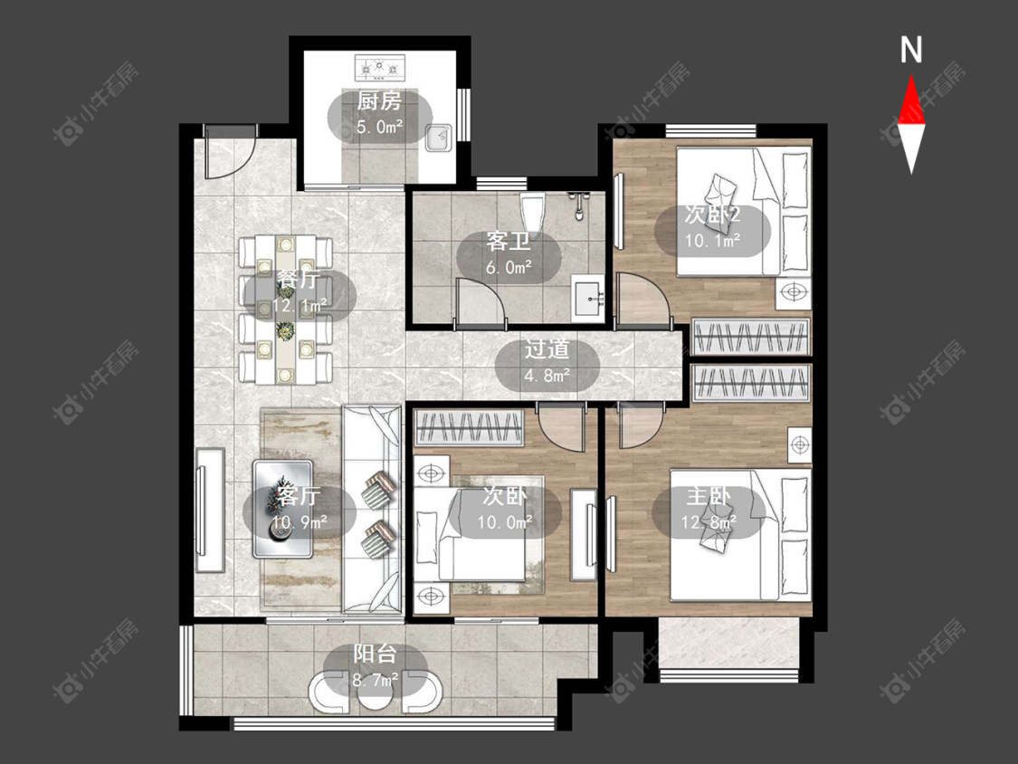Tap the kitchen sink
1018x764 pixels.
[439, 137]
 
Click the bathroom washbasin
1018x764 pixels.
[588, 300]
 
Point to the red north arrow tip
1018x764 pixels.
[911, 75]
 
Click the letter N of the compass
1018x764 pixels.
[911, 50]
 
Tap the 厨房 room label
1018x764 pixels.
[379, 101]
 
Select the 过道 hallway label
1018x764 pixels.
[547, 349]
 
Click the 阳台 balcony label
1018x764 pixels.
[375, 654]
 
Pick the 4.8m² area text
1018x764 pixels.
[547, 375]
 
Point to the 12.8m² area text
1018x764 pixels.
[709, 521]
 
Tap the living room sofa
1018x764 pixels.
[371, 510]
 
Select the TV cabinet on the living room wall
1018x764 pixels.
[210, 510]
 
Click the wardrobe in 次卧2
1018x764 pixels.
[751, 336]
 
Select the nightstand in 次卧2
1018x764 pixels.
[794, 293]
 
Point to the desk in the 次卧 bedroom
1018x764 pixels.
[584, 535]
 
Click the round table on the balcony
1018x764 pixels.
[375, 694]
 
